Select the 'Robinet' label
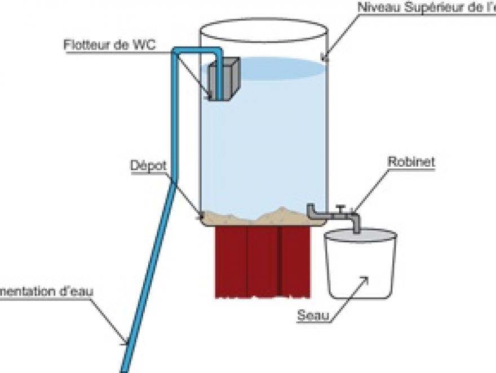pos(411,161)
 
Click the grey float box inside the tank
pos(224,79)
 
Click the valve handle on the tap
pos(339,208)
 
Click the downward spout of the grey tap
pos(356,223)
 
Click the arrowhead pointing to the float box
pos(211,96)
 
